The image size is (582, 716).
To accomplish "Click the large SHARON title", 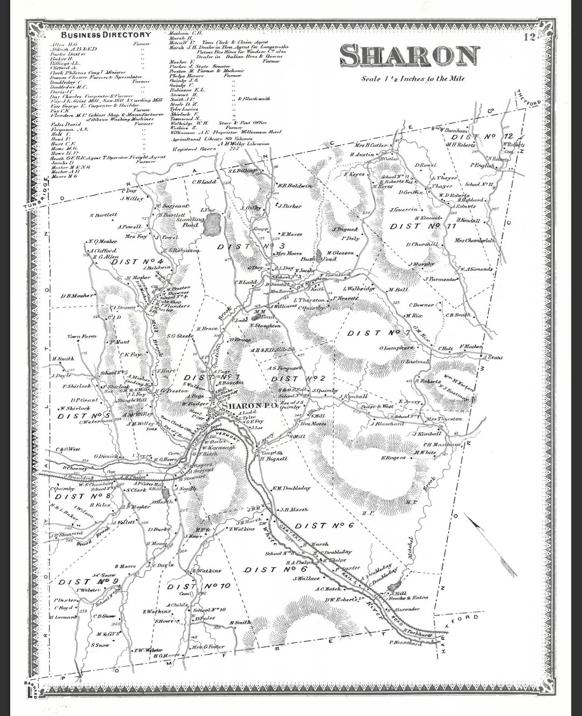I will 410,56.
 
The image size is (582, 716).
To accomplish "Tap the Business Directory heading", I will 106,35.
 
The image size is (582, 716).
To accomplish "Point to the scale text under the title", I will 412,79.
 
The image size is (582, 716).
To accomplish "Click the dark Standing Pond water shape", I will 212,222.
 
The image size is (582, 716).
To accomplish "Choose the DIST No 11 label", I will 422,227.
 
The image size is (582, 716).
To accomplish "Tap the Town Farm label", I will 82,336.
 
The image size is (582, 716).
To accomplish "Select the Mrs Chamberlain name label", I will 474,241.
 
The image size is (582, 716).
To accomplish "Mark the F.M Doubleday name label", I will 291,488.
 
